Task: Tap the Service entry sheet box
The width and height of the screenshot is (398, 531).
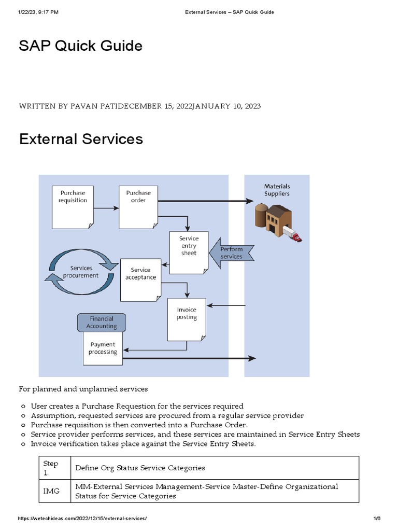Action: point(189,251)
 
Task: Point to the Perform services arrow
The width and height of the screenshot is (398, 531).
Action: point(231,253)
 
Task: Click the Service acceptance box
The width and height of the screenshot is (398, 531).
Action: point(140,278)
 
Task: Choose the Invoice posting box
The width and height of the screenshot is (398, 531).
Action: point(186,317)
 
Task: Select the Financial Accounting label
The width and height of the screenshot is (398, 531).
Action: point(102,323)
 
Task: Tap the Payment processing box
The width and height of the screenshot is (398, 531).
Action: point(103,348)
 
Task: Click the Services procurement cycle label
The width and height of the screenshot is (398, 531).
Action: point(81,272)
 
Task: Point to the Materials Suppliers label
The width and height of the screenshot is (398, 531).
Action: point(277,190)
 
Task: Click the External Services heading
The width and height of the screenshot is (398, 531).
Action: point(81,139)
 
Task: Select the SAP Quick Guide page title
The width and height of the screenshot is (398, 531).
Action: point(81,46)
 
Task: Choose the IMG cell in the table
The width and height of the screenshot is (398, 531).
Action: point(51,491)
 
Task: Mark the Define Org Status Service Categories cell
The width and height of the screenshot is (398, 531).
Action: point(140,468)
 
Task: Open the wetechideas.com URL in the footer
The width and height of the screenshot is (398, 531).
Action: point(82,519)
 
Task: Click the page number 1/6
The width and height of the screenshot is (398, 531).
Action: point(377,519)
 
